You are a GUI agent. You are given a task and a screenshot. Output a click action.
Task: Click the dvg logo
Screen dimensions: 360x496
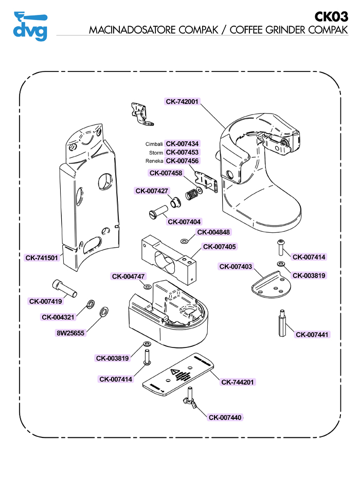[x=30, y=26]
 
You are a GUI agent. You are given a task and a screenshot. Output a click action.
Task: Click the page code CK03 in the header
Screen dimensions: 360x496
[x=331, y=17]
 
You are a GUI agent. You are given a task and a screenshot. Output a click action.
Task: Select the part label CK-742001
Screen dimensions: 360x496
[x=182, y=102]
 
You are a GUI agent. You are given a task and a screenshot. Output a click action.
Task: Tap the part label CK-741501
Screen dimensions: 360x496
[x=42, y=258]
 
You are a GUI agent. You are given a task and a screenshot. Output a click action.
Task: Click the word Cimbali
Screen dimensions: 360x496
[x=154, y=144]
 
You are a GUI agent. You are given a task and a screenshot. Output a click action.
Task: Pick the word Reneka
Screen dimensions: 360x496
[x=154, y=161]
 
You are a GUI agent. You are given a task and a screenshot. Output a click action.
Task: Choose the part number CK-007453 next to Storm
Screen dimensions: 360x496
[x=182, y=152]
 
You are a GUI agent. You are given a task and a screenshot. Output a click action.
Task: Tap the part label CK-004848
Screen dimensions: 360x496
[x=213, y=232]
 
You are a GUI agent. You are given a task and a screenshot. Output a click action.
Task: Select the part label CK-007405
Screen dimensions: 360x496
[x=220, y=247]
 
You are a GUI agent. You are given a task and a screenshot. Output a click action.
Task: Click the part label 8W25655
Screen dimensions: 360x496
[x=70, y=333]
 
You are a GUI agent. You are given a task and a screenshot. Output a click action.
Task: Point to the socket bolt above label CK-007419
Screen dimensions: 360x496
[x=64, y=288]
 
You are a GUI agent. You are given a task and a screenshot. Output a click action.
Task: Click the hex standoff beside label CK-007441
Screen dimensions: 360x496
[x=282, y=323]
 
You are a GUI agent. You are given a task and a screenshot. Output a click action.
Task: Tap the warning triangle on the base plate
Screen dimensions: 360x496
[x=175, y=372]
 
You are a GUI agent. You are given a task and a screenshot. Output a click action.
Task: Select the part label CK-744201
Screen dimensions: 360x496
[x=238, y=382]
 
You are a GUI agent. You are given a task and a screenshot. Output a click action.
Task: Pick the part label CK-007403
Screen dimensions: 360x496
[x=236, y=267]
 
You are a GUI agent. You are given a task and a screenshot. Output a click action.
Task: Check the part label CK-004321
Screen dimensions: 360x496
[x=58, y=317]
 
